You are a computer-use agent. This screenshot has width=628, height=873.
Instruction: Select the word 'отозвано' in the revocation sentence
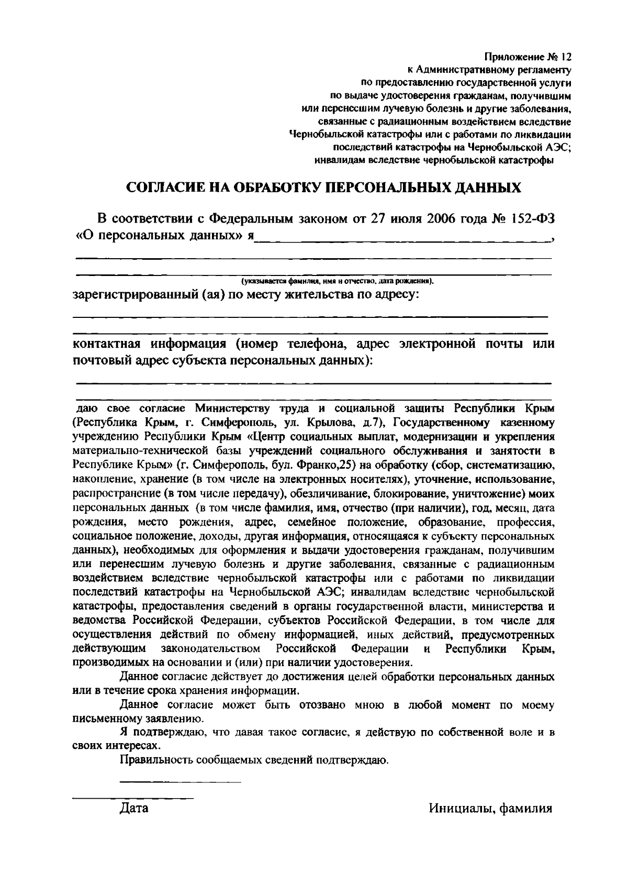coord(322,705)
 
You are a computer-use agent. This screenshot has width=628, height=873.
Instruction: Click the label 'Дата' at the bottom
coord(134,808)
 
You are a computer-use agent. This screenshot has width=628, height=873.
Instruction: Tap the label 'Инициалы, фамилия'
coord(490,808)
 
